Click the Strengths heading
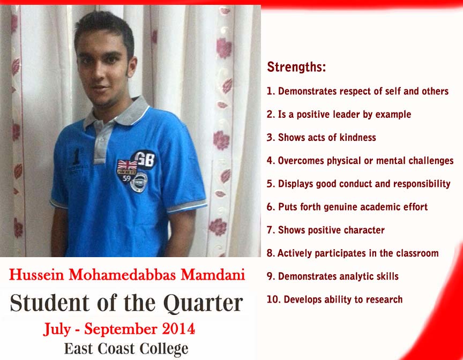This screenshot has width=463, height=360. pyautogui.click(x=296, y=66)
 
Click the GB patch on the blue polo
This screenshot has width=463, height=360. pyautogui.click(x=144, y=160)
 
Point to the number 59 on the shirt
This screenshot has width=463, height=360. pyautogui.click(x=126, y=178)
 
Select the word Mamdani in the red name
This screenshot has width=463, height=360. pyautogui.click(x=213, y=275)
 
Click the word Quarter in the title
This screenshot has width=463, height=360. pyautogui.click(x=203, y=303)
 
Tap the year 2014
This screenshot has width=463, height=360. pyautogui.click(x=178, y=329)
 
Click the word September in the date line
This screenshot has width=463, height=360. pyautogui.click(x=121, y=329)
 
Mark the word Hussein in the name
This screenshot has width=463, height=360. pyautogui.click(x=36, y=275)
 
